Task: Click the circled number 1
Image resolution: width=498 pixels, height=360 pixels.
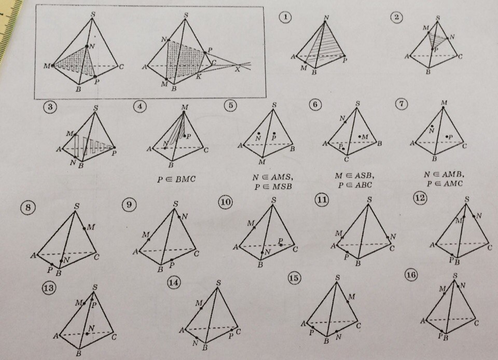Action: tap(285, 17)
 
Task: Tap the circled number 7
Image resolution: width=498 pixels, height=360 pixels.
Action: tap(402, 104)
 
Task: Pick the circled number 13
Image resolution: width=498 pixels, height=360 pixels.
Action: tap(49, 288)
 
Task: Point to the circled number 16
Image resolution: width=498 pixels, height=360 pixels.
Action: tap(411, 275)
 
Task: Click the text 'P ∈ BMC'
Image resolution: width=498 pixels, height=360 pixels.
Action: tap(176, 179)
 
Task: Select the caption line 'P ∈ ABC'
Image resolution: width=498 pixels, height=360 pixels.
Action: tap(354, 185)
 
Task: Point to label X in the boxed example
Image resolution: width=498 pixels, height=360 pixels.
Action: tap(238, 69)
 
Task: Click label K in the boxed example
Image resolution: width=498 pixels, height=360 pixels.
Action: tap(198, 76)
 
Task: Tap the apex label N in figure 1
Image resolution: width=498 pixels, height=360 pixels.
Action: tap(326, 18)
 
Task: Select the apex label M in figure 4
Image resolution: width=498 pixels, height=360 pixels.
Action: tap(185, 107)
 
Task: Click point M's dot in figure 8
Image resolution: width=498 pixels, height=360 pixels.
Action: tap(85, 228)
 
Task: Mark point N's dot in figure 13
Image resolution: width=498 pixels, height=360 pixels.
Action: tap(87, 334)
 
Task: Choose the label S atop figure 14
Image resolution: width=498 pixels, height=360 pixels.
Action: tap(218, 283)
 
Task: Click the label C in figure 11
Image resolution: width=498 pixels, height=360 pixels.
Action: tap(392, 248)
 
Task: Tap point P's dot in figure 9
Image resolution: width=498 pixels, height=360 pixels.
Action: tap(172, 260)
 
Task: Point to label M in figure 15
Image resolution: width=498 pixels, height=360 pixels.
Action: tap(352, 297)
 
